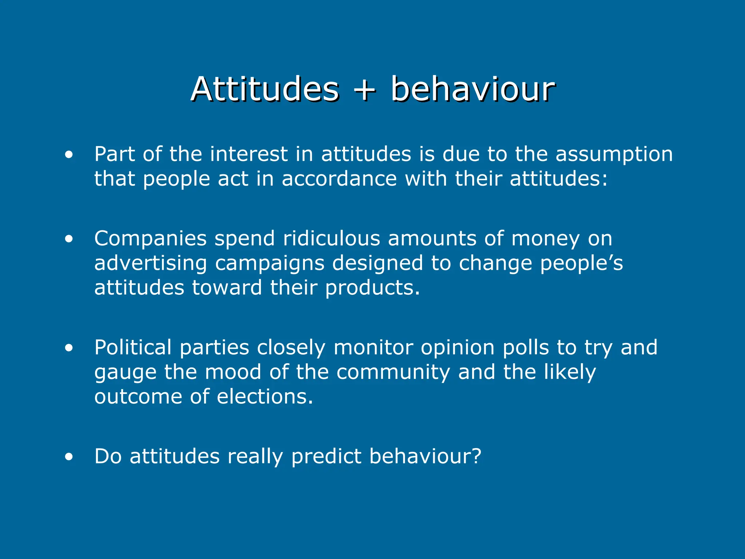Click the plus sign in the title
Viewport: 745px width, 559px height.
[x=364, y=90]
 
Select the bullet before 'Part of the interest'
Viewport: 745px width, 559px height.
[x=69, y=155]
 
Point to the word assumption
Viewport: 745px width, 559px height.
[x=614, y=154]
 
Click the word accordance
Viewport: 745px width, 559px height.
[x=339, y=179]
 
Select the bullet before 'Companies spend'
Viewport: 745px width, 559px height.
[x=69, y=239]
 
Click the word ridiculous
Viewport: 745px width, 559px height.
[x=331, y=238]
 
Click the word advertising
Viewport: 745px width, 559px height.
[x=151, y=263]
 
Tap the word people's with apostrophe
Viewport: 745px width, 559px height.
[x=581, y=263]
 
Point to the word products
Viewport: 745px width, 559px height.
[x=372, y=288]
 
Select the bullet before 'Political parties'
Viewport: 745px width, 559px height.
[x=69, y=348]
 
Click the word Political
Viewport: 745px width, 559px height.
[x=133, y=347]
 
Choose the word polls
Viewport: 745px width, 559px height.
[x=526, y=347]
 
